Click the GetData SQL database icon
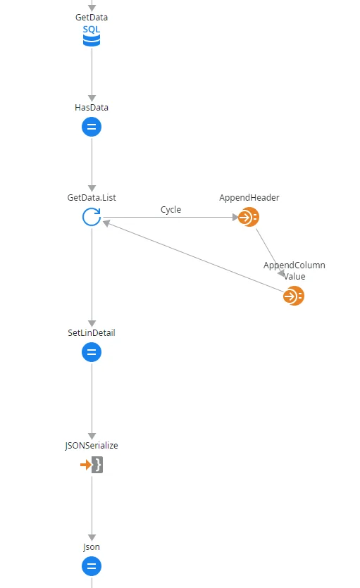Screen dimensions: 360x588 92,36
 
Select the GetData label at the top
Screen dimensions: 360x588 92,17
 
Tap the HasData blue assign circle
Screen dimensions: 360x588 92,127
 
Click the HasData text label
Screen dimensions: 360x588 92,108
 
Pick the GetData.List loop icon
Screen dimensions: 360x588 92,217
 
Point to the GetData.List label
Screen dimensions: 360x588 92,198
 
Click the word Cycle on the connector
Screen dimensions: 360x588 170,210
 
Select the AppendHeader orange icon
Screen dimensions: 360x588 249,217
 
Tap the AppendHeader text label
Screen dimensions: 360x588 249,198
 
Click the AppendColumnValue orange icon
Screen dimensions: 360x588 294,296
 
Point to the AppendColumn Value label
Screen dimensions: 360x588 294,270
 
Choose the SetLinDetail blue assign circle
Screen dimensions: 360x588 92,352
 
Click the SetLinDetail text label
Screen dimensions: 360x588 92,332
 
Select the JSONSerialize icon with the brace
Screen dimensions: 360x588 92,465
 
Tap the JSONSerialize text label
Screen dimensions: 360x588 92,446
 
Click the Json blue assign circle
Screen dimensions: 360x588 92,566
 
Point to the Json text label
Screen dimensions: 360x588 92,547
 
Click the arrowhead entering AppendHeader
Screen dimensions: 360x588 235,217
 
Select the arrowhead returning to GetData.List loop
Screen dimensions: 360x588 106,223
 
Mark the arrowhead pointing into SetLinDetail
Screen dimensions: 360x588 92,324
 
